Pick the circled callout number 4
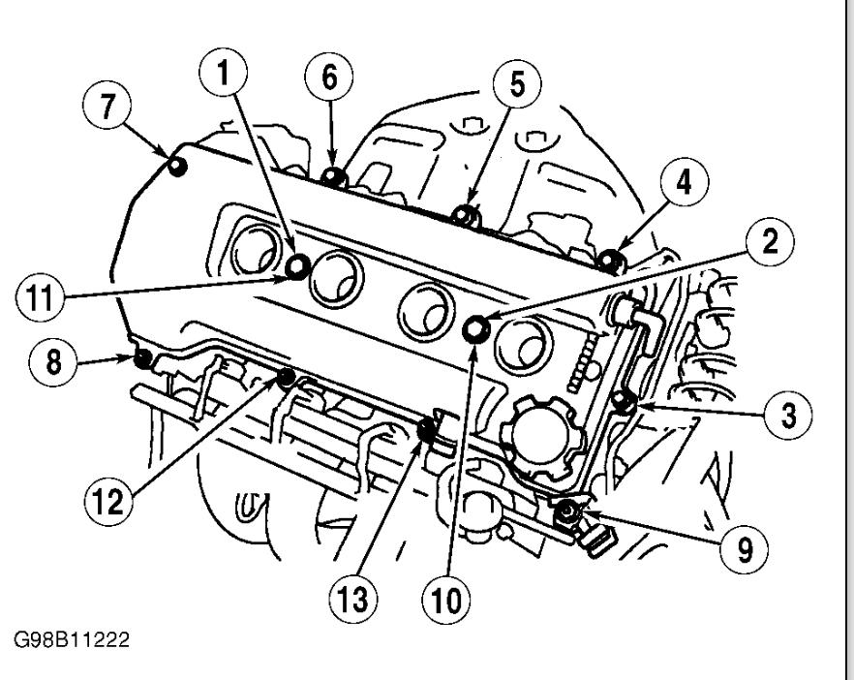[684, 182]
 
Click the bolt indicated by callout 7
[177, 167]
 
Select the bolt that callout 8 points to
[142, 360]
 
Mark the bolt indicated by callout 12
[286, 377]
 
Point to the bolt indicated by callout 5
[467, 213]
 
